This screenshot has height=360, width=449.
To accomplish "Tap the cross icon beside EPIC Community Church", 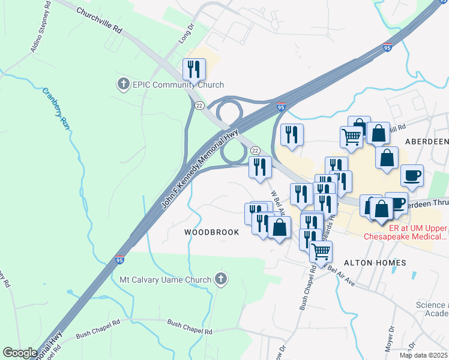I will pos(124,83).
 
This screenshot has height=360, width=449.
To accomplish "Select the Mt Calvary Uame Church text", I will pos(166,280).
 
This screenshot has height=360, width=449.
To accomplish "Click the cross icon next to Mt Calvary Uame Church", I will pos(221,278).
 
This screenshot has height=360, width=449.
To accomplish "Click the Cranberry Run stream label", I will pos(56,109).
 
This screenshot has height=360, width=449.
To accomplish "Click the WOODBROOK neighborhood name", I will pos(211,232).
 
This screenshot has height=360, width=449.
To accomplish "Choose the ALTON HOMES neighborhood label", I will pos(375,263).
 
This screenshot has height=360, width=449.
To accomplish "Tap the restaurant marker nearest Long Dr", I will pos(194,69).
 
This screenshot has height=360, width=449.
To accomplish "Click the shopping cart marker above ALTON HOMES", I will pos(321,251).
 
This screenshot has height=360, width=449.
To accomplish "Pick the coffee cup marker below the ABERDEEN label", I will pos(412,175).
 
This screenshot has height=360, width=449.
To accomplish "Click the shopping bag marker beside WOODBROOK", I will pos(279,227).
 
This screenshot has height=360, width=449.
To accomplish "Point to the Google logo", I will pos(20,353).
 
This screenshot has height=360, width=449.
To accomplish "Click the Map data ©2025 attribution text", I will pos(423,355).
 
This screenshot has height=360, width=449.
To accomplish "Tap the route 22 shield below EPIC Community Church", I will pos(199,105).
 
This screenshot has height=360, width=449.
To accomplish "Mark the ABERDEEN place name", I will pos(427,141).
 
